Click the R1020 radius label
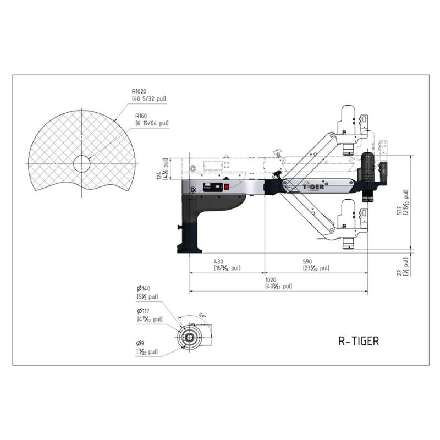[139, 92]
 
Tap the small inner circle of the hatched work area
[81, 163]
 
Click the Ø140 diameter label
[144, 288]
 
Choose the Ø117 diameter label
[144, 311]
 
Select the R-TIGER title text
[358, 341]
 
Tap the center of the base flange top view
[190, 335]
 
